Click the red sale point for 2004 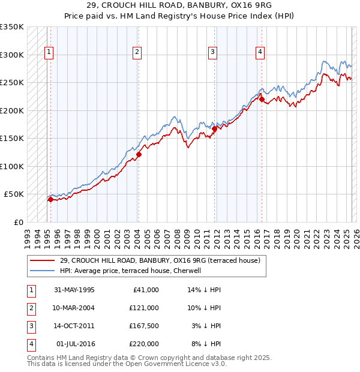[x=139, y=154]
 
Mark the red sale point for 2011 [x=214, y=128]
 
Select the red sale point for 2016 [x=262, y=99]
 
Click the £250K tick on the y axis [x=12, y=82]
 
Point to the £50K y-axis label [x=14, y=194]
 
